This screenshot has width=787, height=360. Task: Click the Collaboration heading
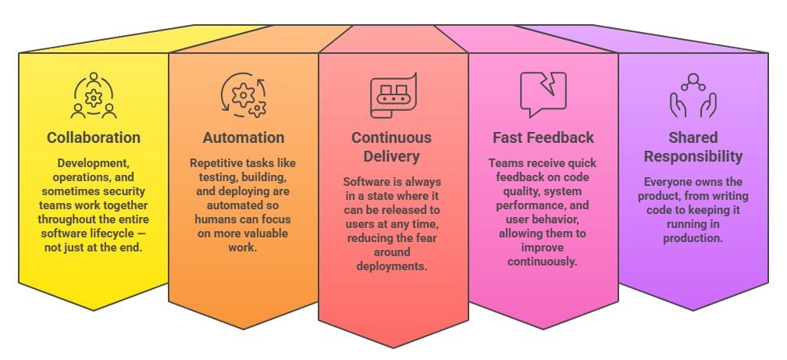pos(94,138)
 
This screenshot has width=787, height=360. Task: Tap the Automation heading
pos(244,138)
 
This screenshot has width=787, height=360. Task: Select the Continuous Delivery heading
pos(391,147)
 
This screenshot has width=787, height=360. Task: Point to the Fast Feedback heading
pos(543,138)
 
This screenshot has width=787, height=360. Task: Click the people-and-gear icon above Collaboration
pos(94,95)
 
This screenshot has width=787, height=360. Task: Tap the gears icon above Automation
pos(244,95)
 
